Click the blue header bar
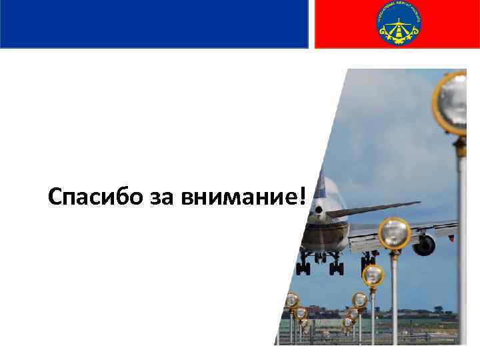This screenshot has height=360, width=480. [153, 23]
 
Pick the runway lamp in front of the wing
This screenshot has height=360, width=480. [394, 233]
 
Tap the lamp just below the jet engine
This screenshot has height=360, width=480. [373, 275]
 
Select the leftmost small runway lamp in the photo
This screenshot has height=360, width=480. [291, 301]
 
